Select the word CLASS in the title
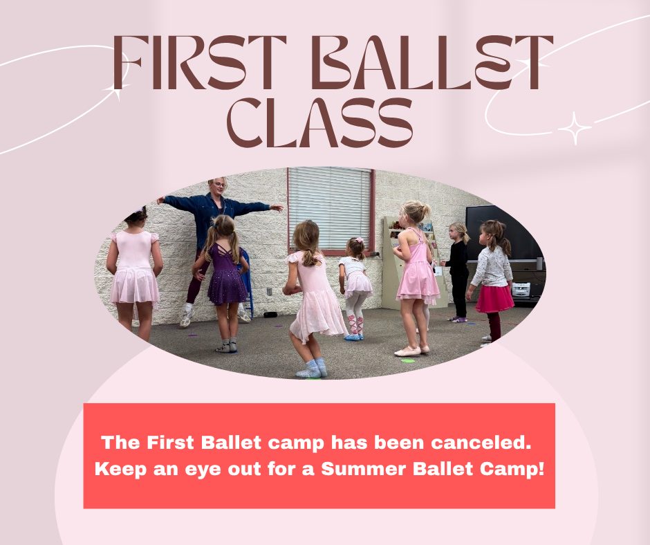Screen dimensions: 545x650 tap(320, 124)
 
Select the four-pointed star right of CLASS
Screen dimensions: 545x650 tap(575, 128)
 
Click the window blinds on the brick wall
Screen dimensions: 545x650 tap(329, 207)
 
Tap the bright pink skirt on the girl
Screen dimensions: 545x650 tap(494, 298)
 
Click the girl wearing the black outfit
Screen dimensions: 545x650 tap(458, 270)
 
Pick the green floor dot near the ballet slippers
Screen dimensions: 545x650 tap(408, 360)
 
